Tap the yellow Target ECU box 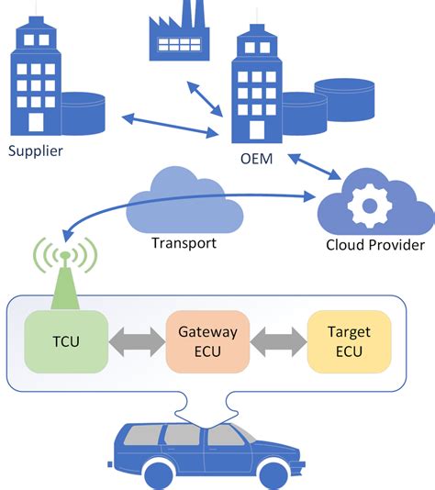pyautogui.click(x=349, y=341)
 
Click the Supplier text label pyautogui.click(x=36, y=150)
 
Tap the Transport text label pyautogui.click(x=184, y=243)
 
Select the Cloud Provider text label pyautogui.click(x=374, y=246)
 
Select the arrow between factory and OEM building pyautogui.click(x=206, y=99)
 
